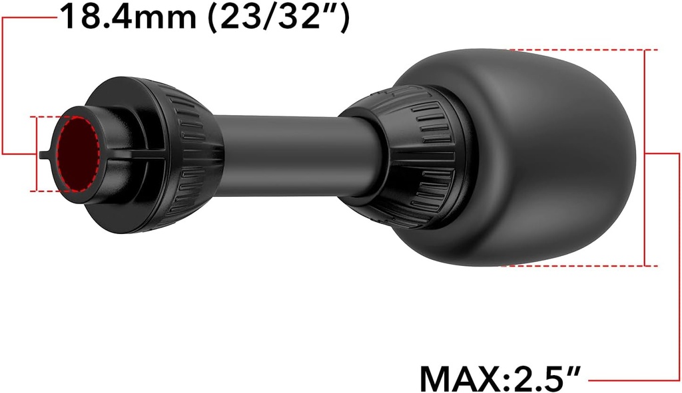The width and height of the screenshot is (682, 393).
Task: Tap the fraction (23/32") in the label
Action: click(279, 17)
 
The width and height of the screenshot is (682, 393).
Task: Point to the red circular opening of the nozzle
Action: click(79, 154)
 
